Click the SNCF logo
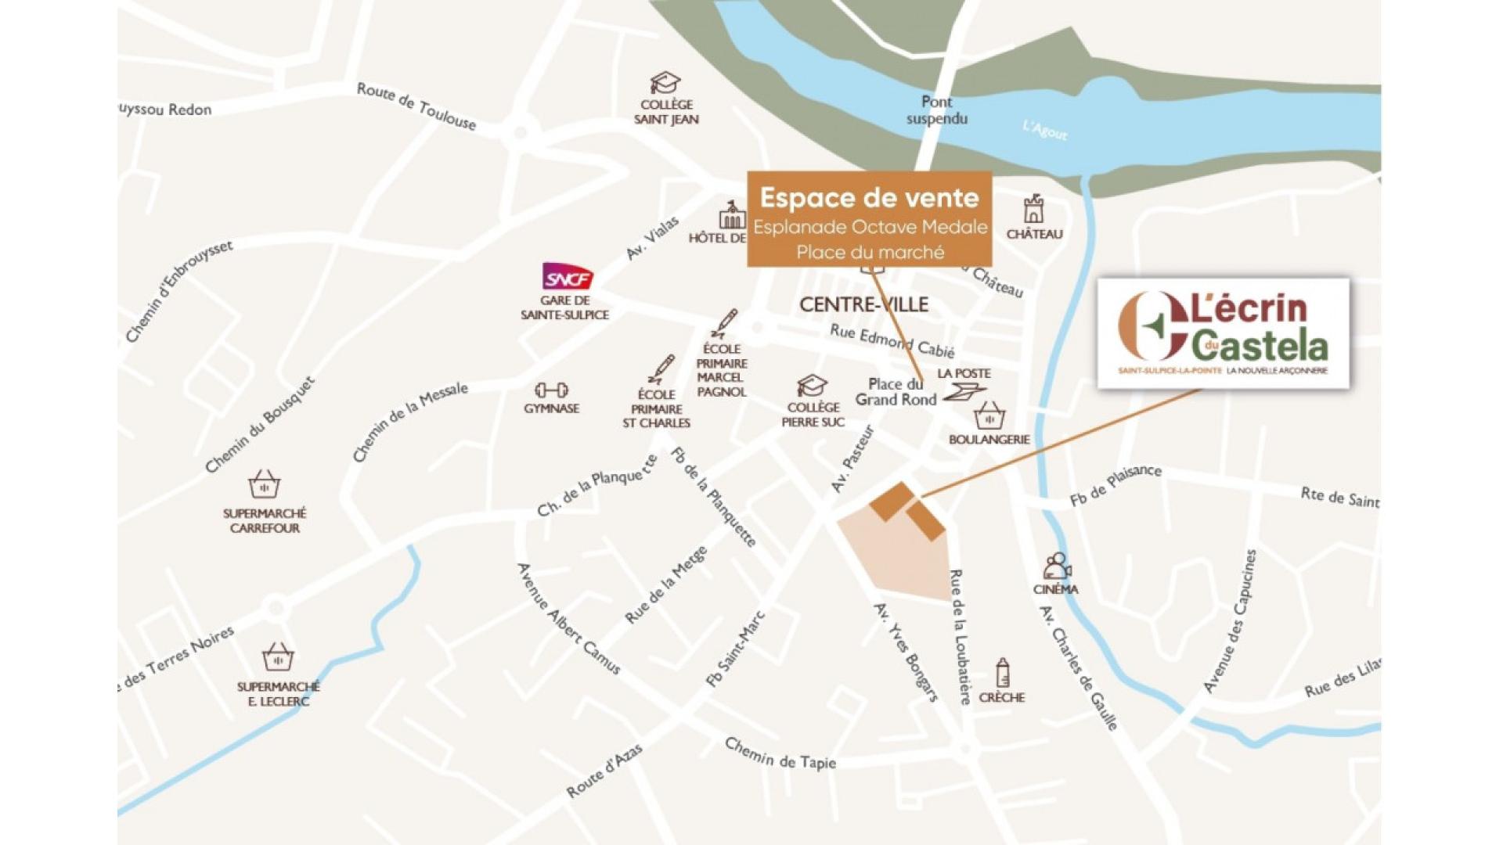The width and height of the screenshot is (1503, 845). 567,276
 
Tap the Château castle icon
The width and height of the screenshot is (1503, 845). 1033,210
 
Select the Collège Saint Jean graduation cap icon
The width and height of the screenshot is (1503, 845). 665,83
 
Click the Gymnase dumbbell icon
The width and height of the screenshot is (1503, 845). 551,390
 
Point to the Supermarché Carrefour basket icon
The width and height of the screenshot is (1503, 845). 264,485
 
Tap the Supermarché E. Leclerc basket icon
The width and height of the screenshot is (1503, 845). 278,657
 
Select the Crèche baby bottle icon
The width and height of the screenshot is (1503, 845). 1002,673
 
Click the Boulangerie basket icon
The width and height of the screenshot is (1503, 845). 989,415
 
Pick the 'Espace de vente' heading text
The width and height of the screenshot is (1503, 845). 869,198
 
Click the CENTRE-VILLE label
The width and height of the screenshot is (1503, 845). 863,304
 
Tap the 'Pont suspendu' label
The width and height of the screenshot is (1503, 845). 937,110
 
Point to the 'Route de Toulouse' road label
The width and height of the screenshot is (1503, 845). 416,106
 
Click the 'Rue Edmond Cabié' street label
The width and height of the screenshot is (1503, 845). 892,340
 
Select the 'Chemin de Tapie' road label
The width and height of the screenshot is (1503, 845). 780,754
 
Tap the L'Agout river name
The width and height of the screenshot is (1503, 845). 1045,130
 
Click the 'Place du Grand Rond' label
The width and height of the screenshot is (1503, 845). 896,392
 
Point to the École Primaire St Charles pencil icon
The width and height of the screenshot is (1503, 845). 661,369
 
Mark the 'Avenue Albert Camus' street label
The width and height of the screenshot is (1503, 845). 568,619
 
